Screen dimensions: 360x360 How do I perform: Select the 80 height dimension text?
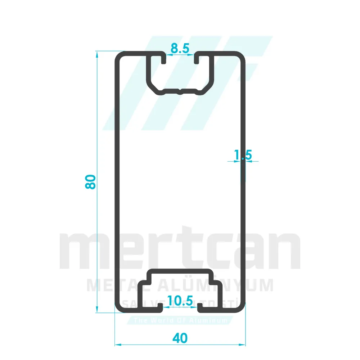click(x=90, y=182)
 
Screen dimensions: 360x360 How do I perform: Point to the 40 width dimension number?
click(x=180, y=338)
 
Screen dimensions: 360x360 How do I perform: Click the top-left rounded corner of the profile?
click(x=118, y=56)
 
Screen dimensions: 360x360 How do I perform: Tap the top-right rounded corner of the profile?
click(x=242, y=56)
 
